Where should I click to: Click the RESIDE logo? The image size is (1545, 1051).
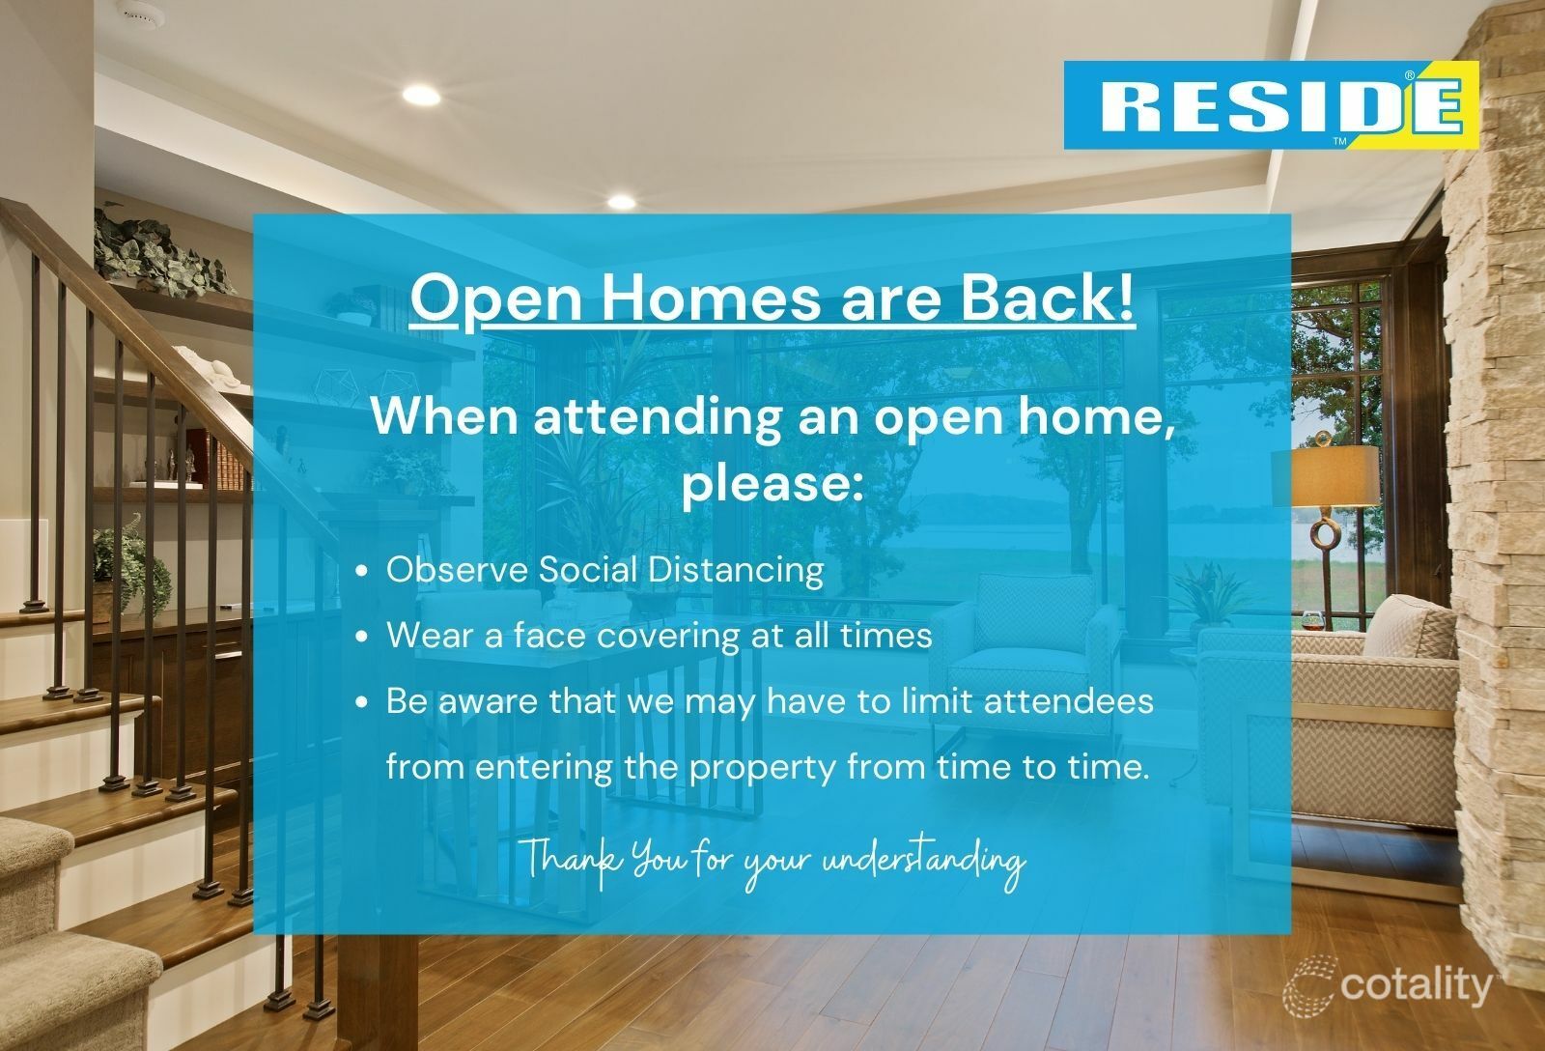point(1271,105)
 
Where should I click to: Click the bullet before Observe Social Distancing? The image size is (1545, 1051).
point(362,572)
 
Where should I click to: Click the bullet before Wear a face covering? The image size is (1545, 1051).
point(362,638)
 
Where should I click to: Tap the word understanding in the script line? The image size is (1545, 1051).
point(921,860)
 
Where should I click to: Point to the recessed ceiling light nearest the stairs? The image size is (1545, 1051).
point(421,95)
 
